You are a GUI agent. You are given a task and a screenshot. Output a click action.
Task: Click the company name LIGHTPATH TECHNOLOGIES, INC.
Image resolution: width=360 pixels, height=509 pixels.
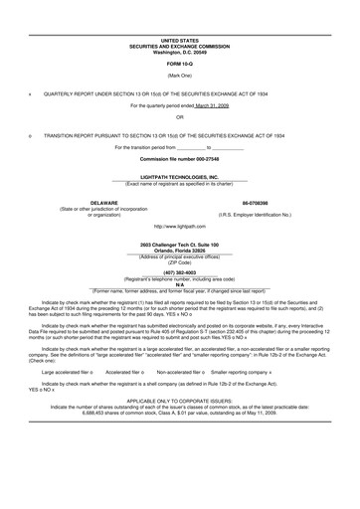pyautogui.click(x=179, y=176)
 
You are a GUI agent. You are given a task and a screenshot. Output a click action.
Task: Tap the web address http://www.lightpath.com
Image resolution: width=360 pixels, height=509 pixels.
pyautogui.click(x=179, y=228)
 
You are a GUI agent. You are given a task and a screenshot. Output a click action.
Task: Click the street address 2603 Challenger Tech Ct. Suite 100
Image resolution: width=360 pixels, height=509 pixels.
pyautogui.click(x=179, y=245)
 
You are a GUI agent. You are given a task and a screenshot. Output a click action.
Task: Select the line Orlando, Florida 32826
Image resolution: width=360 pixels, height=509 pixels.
pyautogui.click(x=179, y=251)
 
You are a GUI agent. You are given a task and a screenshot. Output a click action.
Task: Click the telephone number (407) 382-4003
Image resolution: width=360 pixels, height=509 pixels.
pyautogui.click(x=179, y=271)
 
